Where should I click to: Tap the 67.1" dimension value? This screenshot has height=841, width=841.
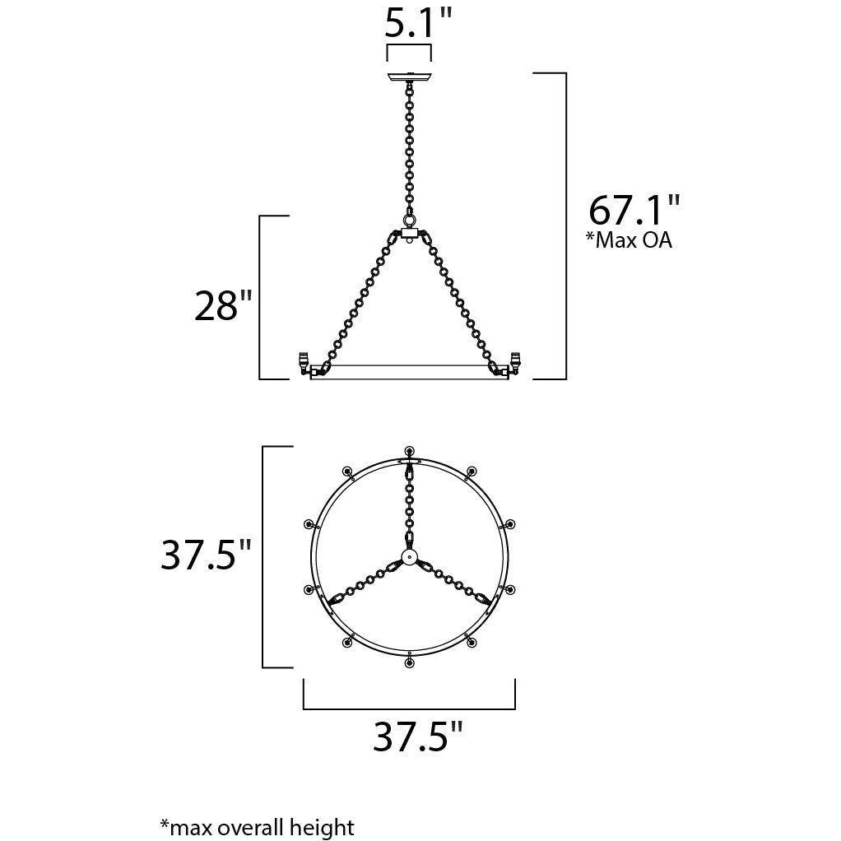tap(634, 210)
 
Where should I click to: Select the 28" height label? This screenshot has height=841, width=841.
tap(222, 306)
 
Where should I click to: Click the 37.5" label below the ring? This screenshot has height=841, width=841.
tap(418, 736)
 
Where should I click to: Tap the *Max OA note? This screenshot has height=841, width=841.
tap(628, 239)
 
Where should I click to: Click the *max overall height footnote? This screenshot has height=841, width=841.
tap(258, 826)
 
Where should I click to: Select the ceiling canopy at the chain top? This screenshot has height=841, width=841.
tap(409, 77)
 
